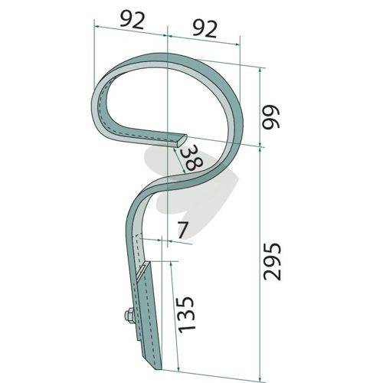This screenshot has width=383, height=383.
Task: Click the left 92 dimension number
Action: coord(133,20)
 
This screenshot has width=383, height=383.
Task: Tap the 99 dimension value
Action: coord(271,116)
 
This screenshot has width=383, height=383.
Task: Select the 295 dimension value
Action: coord(273,262)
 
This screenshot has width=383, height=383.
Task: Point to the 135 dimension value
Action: coord(187,315)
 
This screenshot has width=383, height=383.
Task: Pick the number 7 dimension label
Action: coord(183,230)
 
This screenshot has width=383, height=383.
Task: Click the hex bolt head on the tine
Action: coord(129,316)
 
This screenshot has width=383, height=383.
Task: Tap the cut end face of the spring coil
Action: coord(182,140)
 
